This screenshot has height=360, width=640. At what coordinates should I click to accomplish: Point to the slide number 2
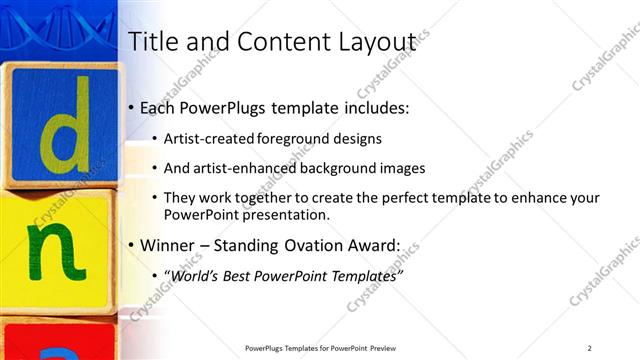click(589, 347)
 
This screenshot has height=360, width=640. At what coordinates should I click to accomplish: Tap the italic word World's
click(193, 275)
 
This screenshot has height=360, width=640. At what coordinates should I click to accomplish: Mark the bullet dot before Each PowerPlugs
click(132, 108)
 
